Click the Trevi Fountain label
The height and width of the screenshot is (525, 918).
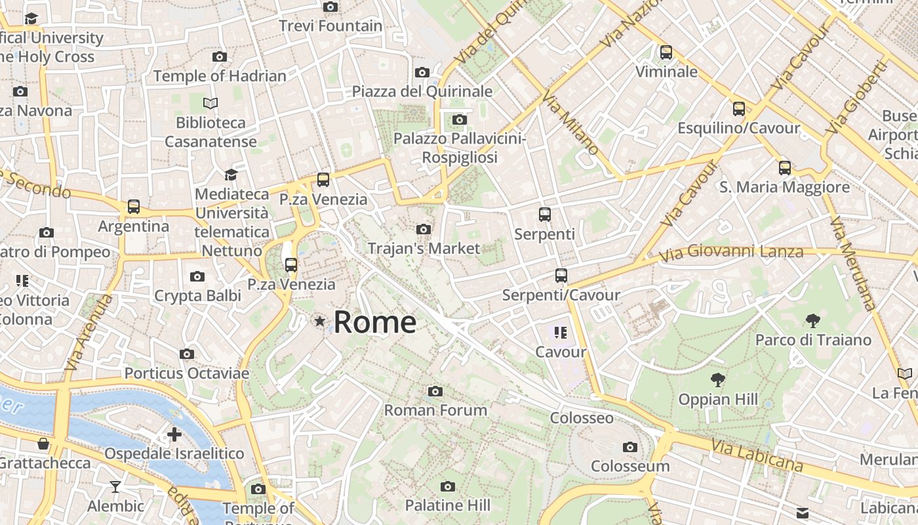click(330, 26)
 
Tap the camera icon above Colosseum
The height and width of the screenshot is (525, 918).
click(630, 448)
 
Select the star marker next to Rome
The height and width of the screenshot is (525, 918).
click(320, 321)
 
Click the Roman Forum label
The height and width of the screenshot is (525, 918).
click(435, 410)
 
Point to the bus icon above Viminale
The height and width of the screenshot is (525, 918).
click(666, 52)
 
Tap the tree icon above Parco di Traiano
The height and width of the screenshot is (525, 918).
click(813, 321)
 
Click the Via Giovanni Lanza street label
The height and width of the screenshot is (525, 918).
click(731, 252)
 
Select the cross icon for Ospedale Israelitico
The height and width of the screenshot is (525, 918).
click(174, 434)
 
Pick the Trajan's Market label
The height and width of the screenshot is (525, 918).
click(424, 249)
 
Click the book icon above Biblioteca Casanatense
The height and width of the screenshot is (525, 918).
click(210, 103)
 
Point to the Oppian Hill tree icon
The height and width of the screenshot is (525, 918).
click(718, 380)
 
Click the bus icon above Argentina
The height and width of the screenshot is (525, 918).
click(134, 207)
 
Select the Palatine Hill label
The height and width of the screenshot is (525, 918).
click(447, 505)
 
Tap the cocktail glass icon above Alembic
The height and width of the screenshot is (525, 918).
click(115, 487)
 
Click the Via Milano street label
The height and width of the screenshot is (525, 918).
click(570, 123)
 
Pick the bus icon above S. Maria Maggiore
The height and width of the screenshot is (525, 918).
click(785, 168)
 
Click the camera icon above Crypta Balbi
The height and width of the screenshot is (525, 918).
click(197, 277)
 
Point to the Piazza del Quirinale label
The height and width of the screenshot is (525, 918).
click(422, 91)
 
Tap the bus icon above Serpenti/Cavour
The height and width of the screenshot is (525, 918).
click(561, 276)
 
